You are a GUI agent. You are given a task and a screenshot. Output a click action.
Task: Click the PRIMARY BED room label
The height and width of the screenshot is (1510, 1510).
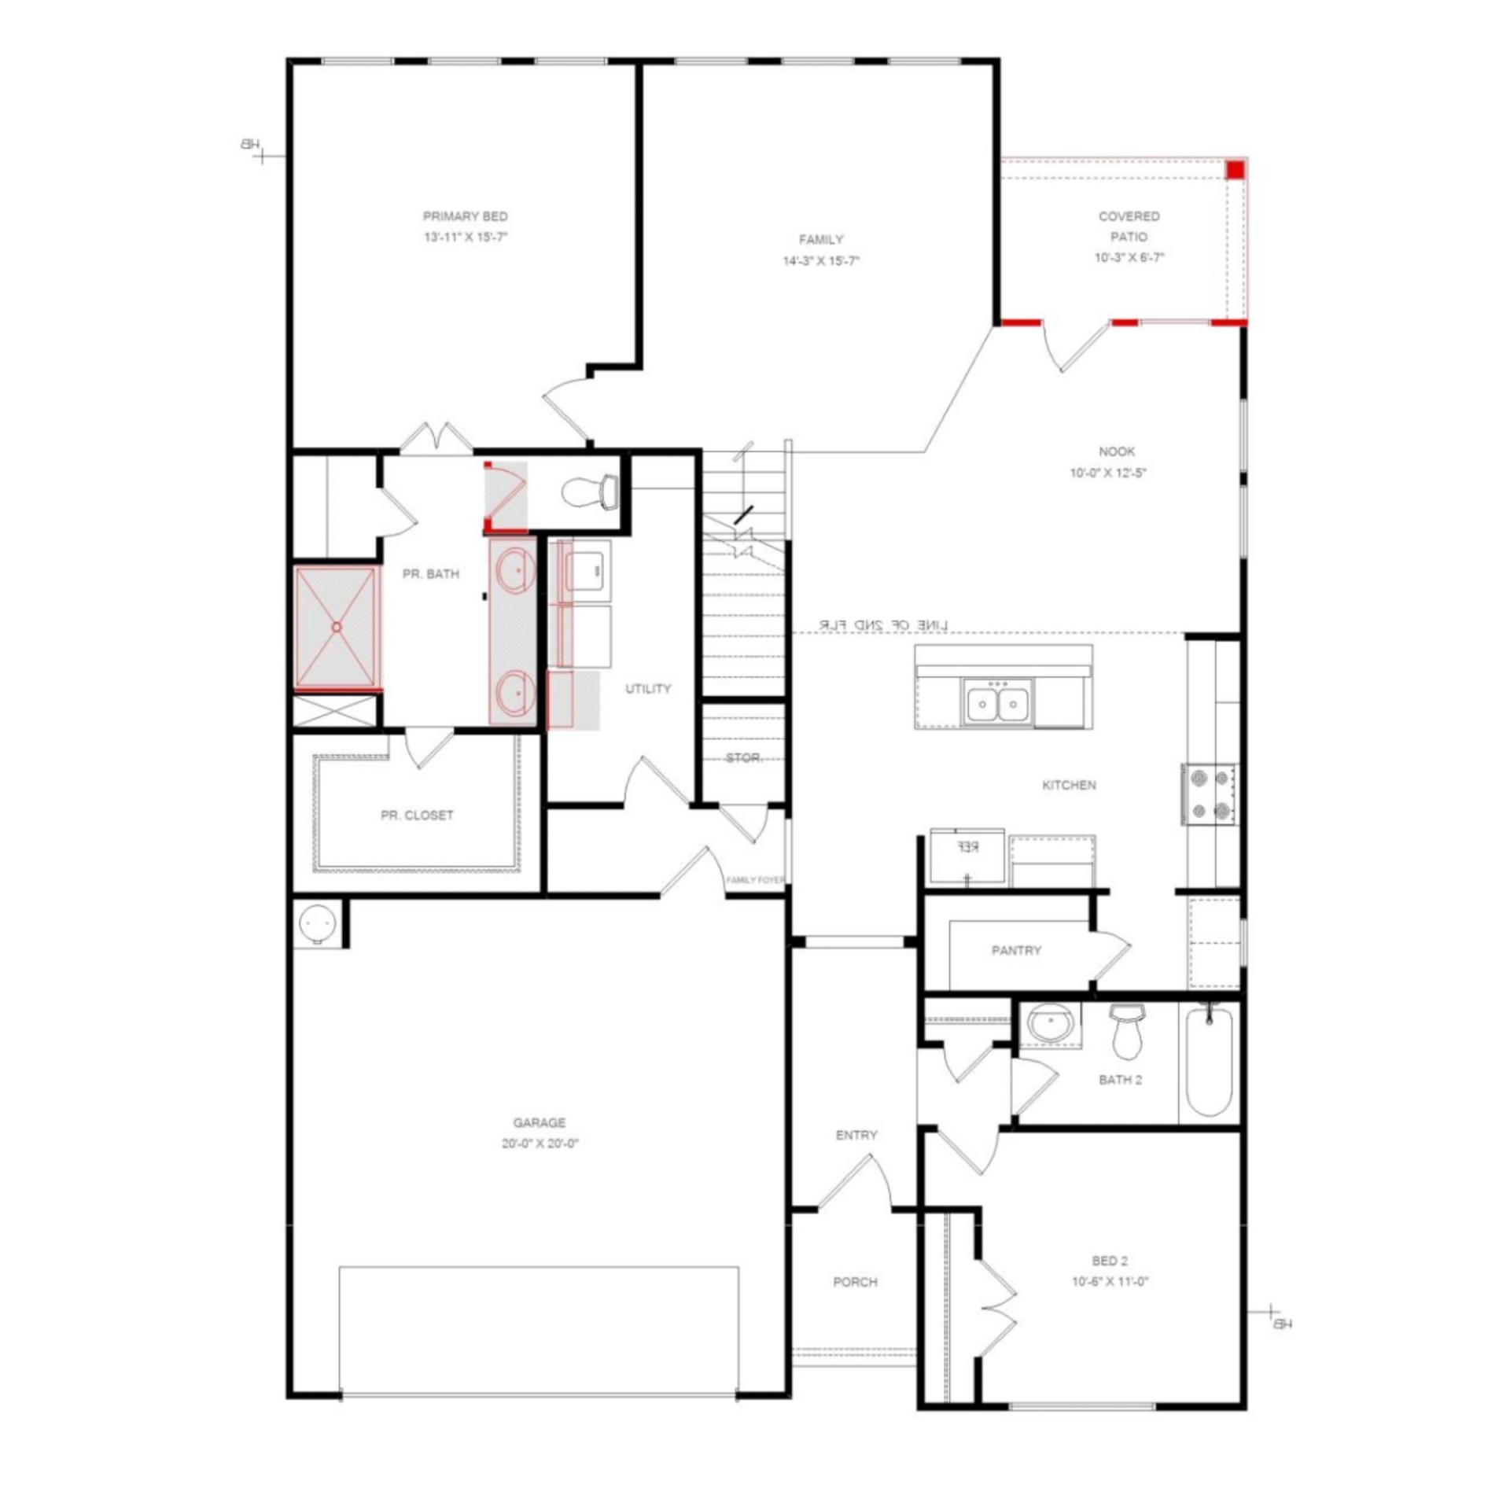(465, 216)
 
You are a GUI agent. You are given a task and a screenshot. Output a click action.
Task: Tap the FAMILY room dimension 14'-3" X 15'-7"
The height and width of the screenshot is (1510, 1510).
(820, 261)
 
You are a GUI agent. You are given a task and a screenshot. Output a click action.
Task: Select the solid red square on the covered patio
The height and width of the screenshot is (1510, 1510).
(1236, 170)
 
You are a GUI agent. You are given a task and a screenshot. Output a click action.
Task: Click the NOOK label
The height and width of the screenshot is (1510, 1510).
(1116, 451)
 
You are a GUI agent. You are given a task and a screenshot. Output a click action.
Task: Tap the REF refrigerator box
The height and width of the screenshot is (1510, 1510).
(967, 854)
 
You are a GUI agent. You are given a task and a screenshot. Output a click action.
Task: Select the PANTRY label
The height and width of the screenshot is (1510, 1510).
(1016, 951)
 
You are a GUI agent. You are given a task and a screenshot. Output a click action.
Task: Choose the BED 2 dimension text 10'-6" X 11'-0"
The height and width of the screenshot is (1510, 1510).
(1110, 1282)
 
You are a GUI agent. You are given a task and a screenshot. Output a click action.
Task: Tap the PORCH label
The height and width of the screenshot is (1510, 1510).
(855, 1282)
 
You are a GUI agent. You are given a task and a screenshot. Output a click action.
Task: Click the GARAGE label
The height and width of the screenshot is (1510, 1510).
(539, 1123)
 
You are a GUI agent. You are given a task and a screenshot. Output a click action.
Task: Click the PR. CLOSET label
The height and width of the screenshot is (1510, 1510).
(417, 816)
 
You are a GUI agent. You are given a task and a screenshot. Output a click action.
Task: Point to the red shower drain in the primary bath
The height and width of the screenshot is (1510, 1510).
(337, 627)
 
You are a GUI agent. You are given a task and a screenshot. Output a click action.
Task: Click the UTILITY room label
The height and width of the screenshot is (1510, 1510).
(648, 689)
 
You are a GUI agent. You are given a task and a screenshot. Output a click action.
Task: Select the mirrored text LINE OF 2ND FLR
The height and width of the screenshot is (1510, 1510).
(883, 624)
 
